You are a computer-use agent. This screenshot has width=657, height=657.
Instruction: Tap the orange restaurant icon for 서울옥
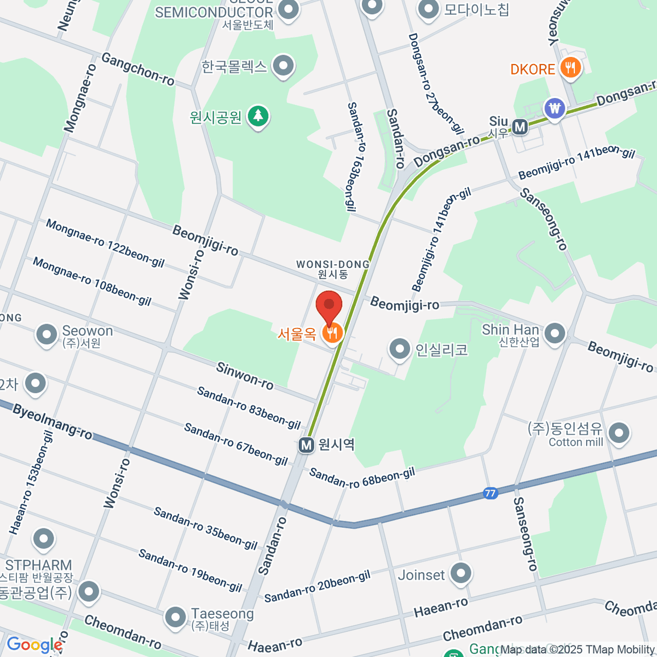click(x=332, y=332)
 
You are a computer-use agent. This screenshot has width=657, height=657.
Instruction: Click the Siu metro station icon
click(x=520, y=128)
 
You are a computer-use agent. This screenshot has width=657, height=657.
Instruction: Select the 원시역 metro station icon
click(x=306, y=445)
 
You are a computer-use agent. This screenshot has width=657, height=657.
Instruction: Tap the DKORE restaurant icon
click(x=570, y=68)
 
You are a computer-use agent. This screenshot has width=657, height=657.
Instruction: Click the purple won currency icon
click(x=555, y=108)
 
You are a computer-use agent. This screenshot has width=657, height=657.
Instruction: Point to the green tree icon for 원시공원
click(x=257, y=116)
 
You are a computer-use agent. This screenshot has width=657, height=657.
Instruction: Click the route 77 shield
click(x=490, y=493)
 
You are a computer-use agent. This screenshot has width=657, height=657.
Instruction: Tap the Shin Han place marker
click(x=555, y=333)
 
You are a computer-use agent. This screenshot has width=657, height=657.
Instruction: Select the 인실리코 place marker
click(x=399, y=348)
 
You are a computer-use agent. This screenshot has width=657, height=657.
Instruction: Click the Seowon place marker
click(x=46, y=335)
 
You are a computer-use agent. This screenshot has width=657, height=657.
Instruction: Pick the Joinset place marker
click(x=460, y=574)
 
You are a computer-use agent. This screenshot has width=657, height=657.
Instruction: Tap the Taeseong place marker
click(x=175, y=616)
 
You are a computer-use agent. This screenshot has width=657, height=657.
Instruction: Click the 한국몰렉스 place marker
click(x=283, y=66)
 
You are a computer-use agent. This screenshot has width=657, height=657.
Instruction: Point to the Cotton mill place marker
click(x=619, y=433)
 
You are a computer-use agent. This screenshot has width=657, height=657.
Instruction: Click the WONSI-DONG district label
click(x=333, y=264)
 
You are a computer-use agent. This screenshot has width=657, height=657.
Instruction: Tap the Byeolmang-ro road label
click(x=52, y=422)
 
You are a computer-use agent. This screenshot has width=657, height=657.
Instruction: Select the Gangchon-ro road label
click(x=138, y=69)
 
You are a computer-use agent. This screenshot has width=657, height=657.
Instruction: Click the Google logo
click(x=34, y=645)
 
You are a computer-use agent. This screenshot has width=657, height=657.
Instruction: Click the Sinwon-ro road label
click(x=245, y=376)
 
